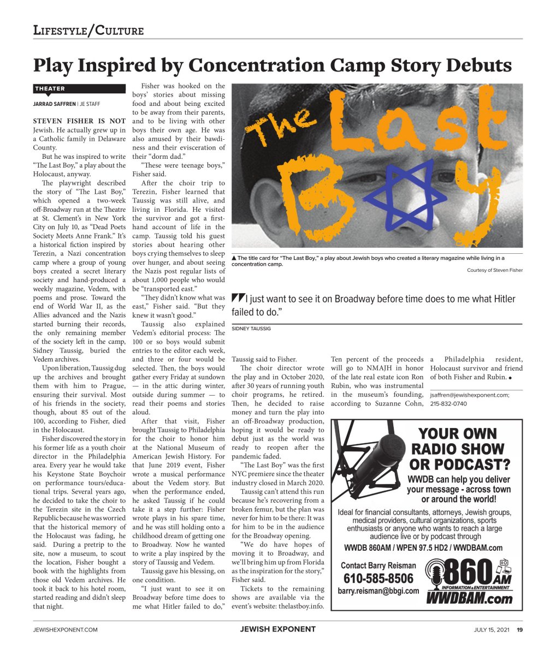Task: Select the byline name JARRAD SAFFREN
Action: (54, 104)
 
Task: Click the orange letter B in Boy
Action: (301, 193)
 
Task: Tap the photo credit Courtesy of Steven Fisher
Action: (494, 270)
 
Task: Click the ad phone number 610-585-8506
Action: (378, 579)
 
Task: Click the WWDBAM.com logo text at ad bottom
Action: (469, 599)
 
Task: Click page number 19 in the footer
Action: (520, 629)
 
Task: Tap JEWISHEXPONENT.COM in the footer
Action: (66, 629)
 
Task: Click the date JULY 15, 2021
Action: (492, 629)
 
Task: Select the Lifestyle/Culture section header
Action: (88, 31)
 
